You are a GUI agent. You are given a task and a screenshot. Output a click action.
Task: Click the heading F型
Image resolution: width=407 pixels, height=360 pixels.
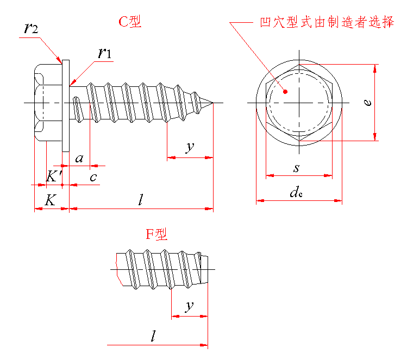tap(156, 235)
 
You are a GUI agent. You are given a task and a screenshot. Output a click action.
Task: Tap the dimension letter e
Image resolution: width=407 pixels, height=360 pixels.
tap(368, 102)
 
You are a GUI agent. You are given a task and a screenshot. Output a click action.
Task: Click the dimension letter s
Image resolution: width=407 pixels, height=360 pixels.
tap(296, 168)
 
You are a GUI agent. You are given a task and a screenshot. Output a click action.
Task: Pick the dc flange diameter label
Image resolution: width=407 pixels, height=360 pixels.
tap(296, 192)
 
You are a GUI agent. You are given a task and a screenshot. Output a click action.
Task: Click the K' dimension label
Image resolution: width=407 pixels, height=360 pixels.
tap(53, 176)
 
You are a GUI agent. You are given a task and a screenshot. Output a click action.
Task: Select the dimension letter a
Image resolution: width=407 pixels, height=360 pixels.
tap(79, 158)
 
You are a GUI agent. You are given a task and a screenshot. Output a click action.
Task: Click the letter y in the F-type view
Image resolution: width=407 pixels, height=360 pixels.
tap(189, 306)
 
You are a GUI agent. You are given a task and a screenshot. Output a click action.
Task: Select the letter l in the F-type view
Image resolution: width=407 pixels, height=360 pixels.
tap(153, 337)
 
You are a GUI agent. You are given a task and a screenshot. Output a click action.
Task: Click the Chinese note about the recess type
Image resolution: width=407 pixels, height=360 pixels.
tap(327, 23)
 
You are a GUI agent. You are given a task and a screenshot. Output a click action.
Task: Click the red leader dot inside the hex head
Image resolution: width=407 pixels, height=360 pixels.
tap(284, 92)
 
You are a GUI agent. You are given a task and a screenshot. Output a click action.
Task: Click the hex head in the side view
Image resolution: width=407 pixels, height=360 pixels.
tap(48, 103)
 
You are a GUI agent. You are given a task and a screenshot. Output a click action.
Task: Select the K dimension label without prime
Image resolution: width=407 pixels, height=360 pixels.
tap(49, 200)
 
